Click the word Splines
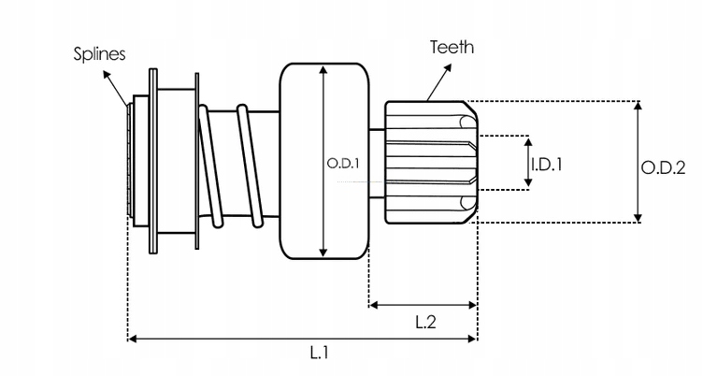[98, 54]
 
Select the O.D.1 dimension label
[343, 163]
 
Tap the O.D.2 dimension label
[664, 167]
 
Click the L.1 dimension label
[319, 354]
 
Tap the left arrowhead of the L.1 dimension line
[132, 337]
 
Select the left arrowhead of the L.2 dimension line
[373, 304]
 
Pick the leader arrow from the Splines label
[120, 88]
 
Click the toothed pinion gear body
[430, 161]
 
